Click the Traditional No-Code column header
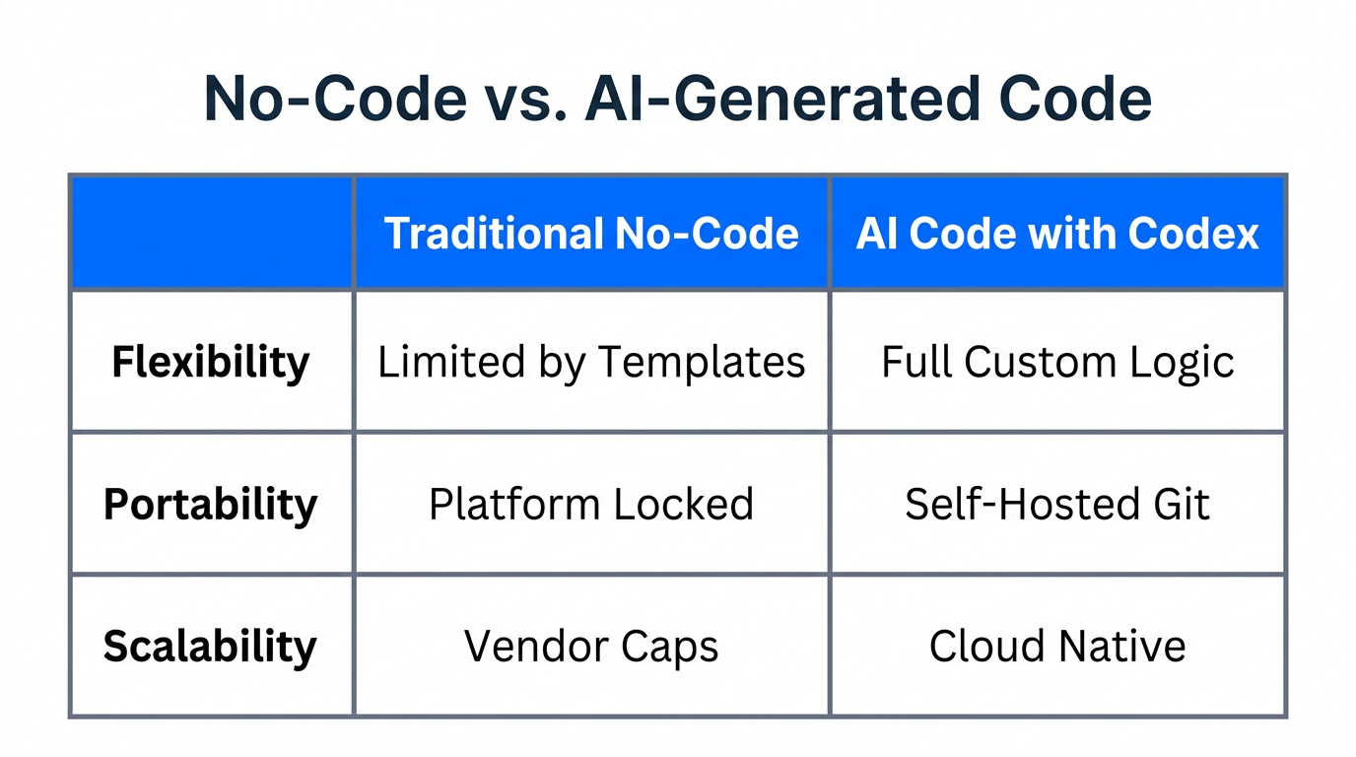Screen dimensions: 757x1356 tap(591, 234)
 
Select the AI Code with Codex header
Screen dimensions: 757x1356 tap(1057, 234)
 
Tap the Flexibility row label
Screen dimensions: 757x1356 tap(211, 362)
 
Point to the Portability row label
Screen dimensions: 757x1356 tap(211, 504)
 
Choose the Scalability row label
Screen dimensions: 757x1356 tap(211, 647)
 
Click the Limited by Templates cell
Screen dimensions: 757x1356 tap(591, 362)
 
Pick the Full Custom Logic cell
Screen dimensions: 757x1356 tap(1057, 362)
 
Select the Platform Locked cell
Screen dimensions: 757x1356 tap(591, 504)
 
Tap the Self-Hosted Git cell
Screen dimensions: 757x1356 tap(1057, 504)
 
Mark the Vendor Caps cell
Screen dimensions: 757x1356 tap(591, 647)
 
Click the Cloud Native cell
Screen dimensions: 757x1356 tap(1057, 647)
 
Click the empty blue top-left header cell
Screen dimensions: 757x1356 tap(211, 233)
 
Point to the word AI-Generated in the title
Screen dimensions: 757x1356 tap(779, 99)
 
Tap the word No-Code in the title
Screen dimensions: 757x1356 tap(335, 99)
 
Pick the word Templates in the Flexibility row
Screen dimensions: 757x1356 tap(702, 362)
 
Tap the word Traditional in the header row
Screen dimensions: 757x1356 tap(494, 234)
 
